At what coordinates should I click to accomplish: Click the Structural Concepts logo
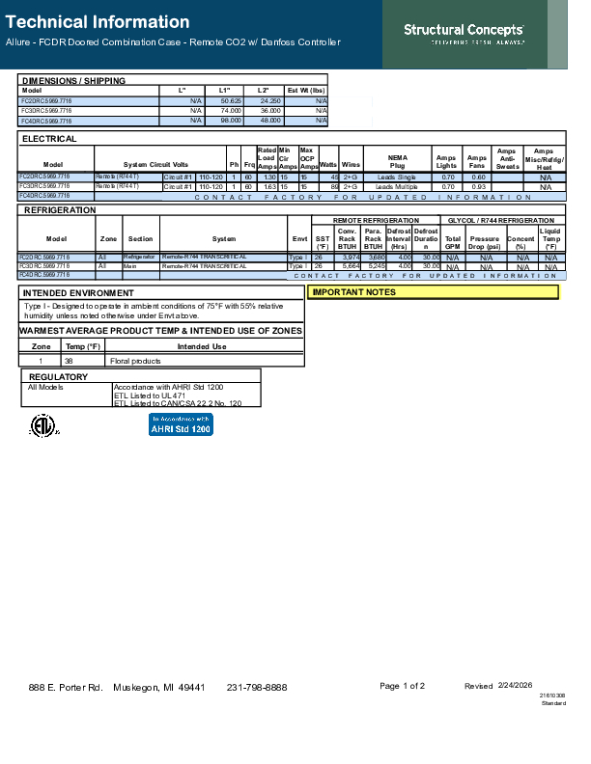(x=464, y=33)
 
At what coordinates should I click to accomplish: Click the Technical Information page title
(x=97, y=22)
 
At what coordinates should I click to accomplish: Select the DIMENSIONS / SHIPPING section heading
(x=73, y=81)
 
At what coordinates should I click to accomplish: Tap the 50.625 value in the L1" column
(x=231, y=100)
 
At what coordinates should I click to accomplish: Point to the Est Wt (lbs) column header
(x=307, y=90)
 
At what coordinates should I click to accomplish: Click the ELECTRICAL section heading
(x=49, y=140)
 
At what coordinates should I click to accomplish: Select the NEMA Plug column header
(x=397, y=162)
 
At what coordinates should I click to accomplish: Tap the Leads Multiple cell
(x=397, y=186)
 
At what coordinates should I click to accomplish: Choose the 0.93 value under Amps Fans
(x=477, y=186)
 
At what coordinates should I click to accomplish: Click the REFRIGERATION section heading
(x=60, y=209)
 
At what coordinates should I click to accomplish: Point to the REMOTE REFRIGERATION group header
(x=376, y=221)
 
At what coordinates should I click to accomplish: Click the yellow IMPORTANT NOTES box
(x=433, y=291)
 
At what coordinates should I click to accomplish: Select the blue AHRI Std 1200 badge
(x=181, y=424)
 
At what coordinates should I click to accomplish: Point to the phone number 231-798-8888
(x=257, y=687)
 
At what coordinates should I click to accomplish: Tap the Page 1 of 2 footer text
(x=403, y=686)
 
